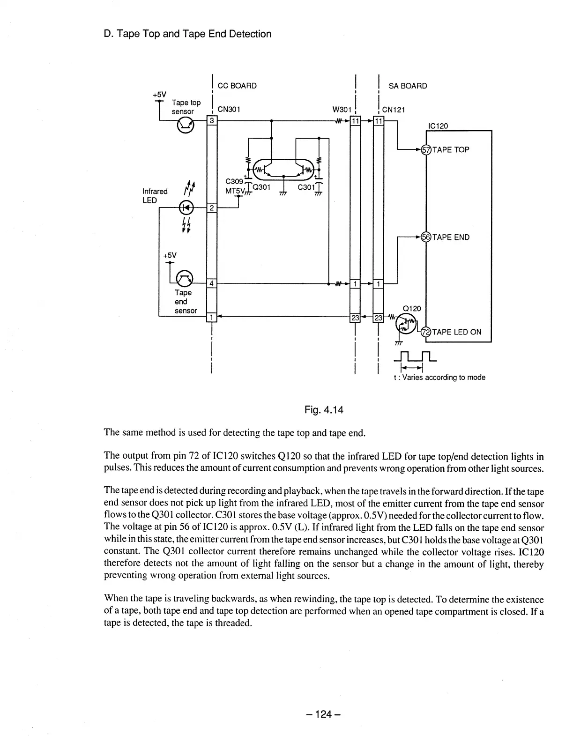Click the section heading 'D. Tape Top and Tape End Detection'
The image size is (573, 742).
[187, 34]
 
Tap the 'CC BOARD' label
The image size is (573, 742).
[237, 86]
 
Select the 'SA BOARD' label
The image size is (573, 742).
[408, 86]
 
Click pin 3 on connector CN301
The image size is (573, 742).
[211, 121]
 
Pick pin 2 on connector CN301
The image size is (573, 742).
[211, 208]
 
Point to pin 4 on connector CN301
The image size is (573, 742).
[211, 283]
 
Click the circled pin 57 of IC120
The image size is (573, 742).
[426, 150]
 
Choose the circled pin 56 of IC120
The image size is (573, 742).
[426, 237]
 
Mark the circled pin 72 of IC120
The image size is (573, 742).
[426, 332]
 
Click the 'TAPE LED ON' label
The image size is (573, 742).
[457, 332]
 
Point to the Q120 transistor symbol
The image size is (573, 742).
[406, 322]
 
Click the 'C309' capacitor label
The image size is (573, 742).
[234, 181]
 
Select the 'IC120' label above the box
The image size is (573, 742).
[438, 126]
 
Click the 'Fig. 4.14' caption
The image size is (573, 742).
[324, 410]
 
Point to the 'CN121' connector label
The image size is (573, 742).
[394, 110]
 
